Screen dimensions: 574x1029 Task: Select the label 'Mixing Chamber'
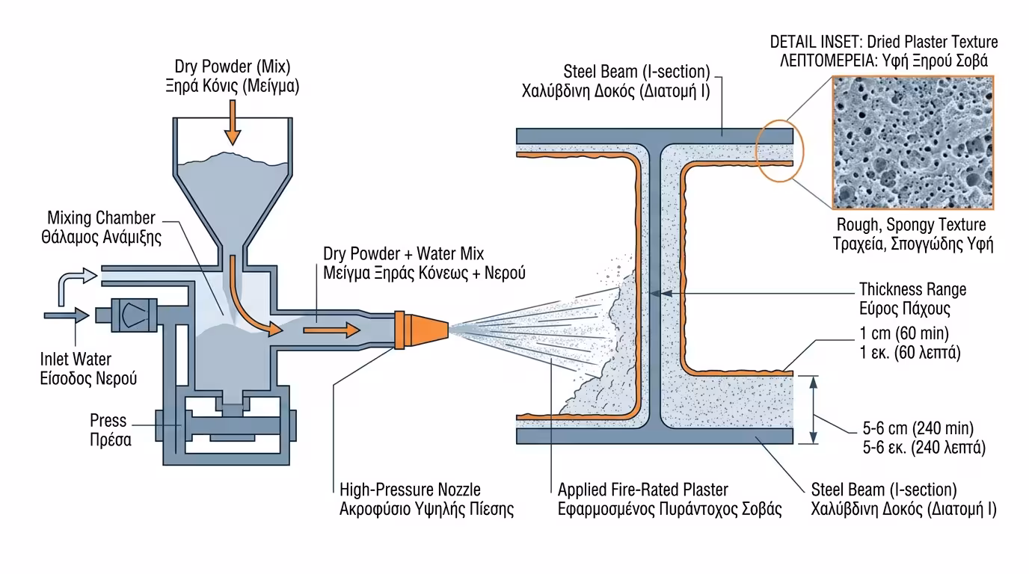pos(101,218)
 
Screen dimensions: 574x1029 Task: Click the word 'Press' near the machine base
pos(108,422)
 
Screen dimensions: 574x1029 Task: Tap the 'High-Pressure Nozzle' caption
pos(410,490)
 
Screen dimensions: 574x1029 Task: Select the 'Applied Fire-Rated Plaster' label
pos(642,490)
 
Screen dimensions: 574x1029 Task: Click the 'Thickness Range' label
pos(912,289)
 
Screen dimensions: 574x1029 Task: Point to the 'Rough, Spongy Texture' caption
pos(911,225)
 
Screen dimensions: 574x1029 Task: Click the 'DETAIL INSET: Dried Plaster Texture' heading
pos(883,42)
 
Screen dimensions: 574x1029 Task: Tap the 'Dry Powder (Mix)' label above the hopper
pos(232,66)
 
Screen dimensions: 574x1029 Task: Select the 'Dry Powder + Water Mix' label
pos(408,254)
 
